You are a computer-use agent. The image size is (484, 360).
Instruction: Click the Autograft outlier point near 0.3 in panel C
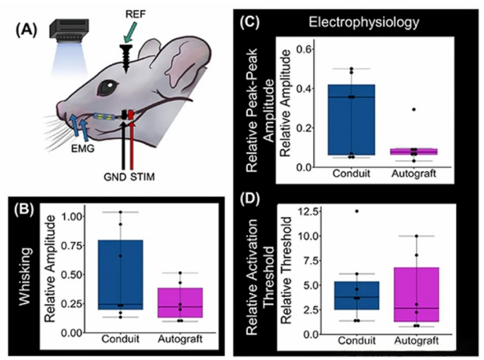pyautogui.click(x=413, y=109)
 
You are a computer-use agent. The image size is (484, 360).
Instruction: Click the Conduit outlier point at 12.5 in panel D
pyautogui.click(x=355, y=211)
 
